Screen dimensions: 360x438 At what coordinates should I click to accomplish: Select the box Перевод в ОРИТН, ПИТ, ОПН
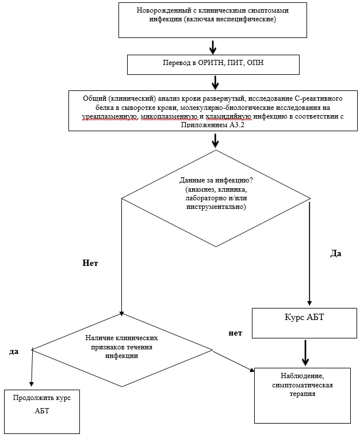point(213,64)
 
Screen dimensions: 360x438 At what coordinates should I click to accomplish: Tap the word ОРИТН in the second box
point(211,63)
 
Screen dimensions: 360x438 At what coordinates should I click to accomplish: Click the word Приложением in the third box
point(204,125)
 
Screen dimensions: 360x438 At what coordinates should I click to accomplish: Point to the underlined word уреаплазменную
point(110,116)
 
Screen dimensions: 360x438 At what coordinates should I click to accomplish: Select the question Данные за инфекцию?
point(216,180)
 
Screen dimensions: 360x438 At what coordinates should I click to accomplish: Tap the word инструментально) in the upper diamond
point(216,207)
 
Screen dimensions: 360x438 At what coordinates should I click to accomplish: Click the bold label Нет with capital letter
point(90,263)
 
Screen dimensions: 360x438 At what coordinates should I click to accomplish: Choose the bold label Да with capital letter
point(336,253)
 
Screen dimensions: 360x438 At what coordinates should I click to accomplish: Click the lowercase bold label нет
point(235,333)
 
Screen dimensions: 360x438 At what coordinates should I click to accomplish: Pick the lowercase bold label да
point(14,352)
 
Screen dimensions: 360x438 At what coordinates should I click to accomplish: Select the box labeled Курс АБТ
point(304,323)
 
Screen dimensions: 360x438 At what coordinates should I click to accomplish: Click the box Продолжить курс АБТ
point(42,412)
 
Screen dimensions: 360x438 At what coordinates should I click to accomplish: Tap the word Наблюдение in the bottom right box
point(302,376)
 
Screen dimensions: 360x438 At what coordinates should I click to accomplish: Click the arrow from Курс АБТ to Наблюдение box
point(305,352)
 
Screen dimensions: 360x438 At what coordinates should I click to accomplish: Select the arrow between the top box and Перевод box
point(213,47)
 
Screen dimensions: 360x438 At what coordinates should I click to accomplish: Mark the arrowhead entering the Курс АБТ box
point(309,303)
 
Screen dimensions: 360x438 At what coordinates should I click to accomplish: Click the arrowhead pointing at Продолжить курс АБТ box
point(31,384)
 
